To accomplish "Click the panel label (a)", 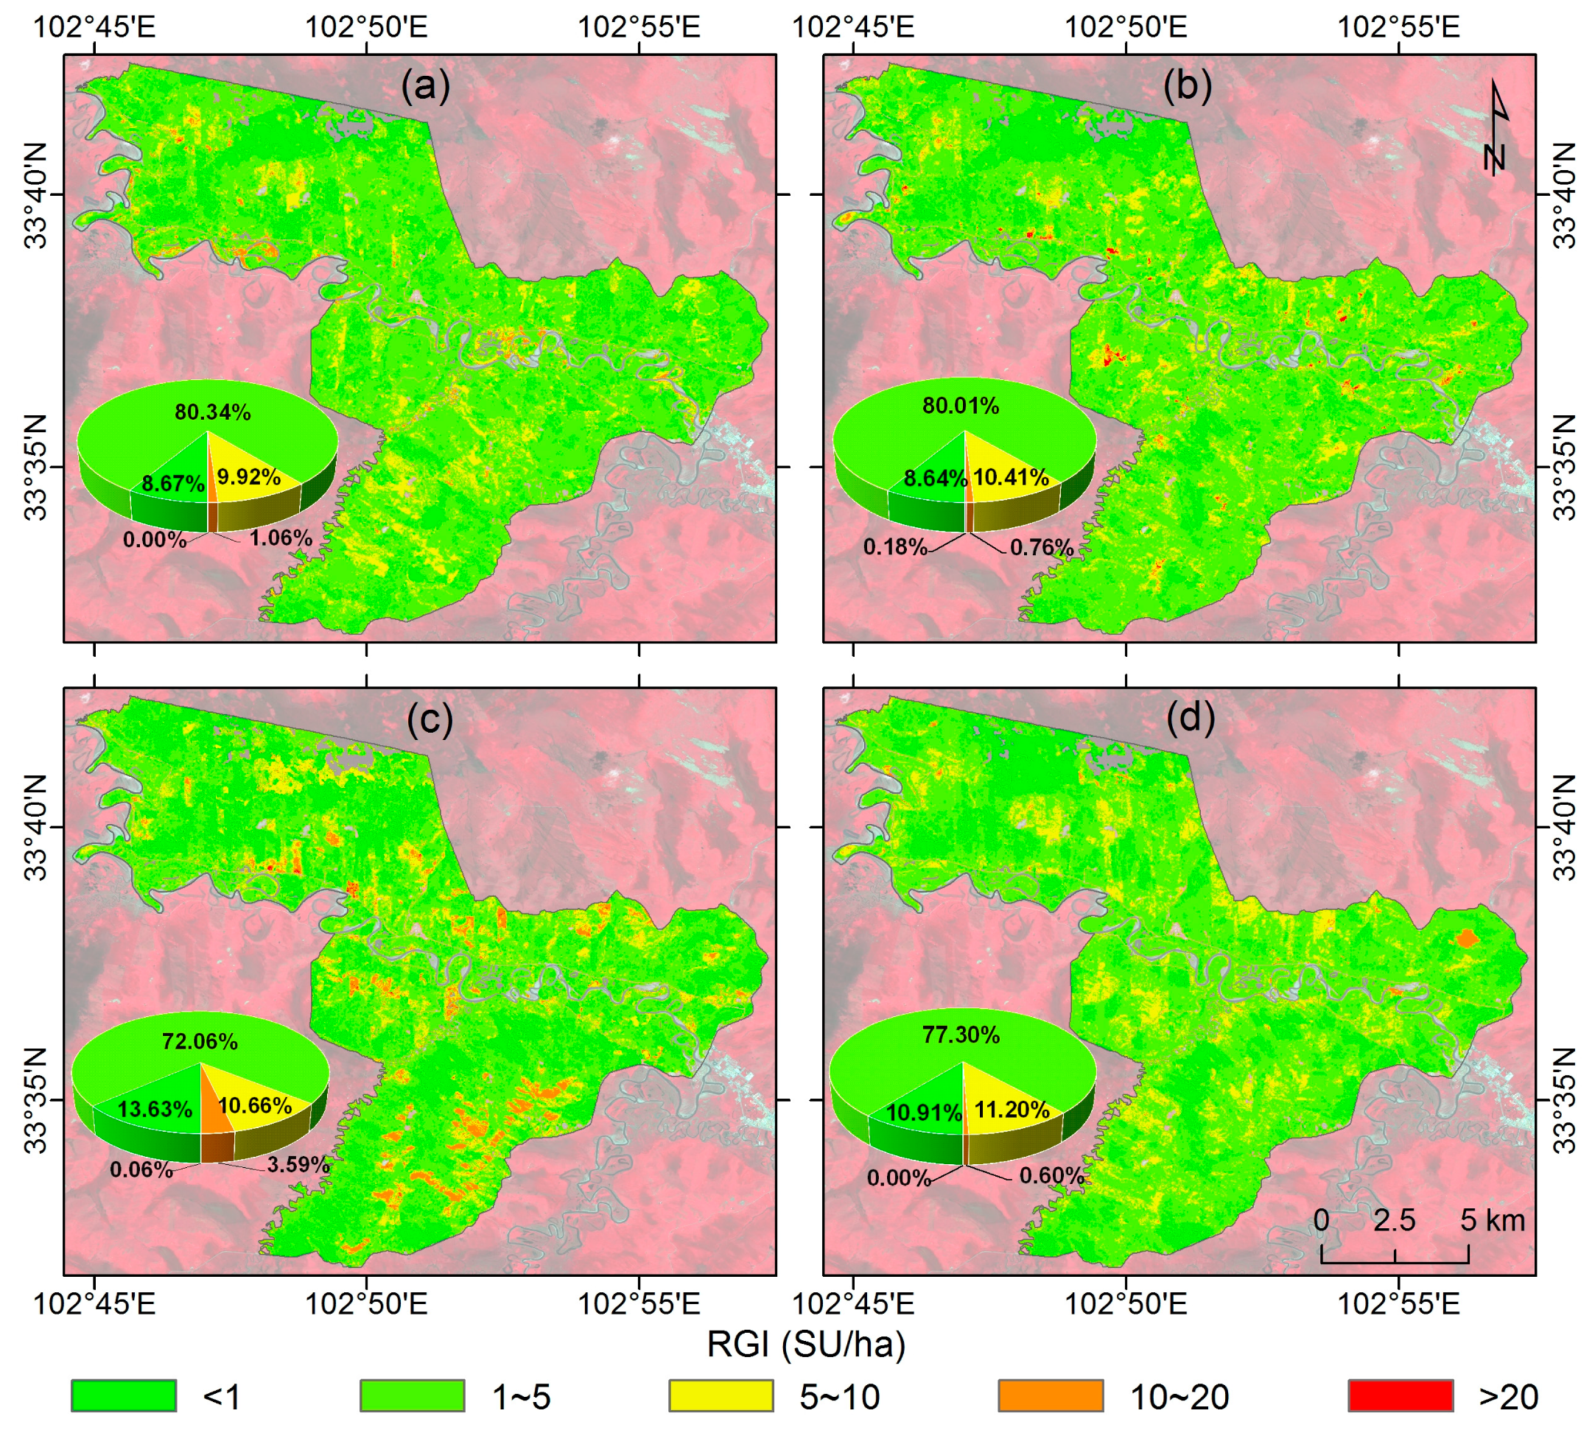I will point(425,85).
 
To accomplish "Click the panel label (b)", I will point(1186,85).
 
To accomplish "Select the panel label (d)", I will point(1190,717).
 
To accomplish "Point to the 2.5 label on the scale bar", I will point(1394,1220).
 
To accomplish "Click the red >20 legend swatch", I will point(1399,1395).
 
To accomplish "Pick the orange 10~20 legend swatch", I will point(1051,1395).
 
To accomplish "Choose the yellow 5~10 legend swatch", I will point(721,1395).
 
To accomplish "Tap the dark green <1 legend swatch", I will point(124,1395).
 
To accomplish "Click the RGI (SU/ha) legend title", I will point(806,1345).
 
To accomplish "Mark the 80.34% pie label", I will point(212,412).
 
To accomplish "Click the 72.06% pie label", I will point(200,1041).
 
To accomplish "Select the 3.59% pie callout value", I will point(298,1164).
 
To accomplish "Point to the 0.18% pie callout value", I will point(894,547).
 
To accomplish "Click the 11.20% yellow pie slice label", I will point(1012,1110).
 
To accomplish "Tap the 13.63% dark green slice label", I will point(155,1109).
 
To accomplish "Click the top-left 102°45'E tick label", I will point(94,27).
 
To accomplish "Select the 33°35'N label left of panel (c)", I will point(36,1099).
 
